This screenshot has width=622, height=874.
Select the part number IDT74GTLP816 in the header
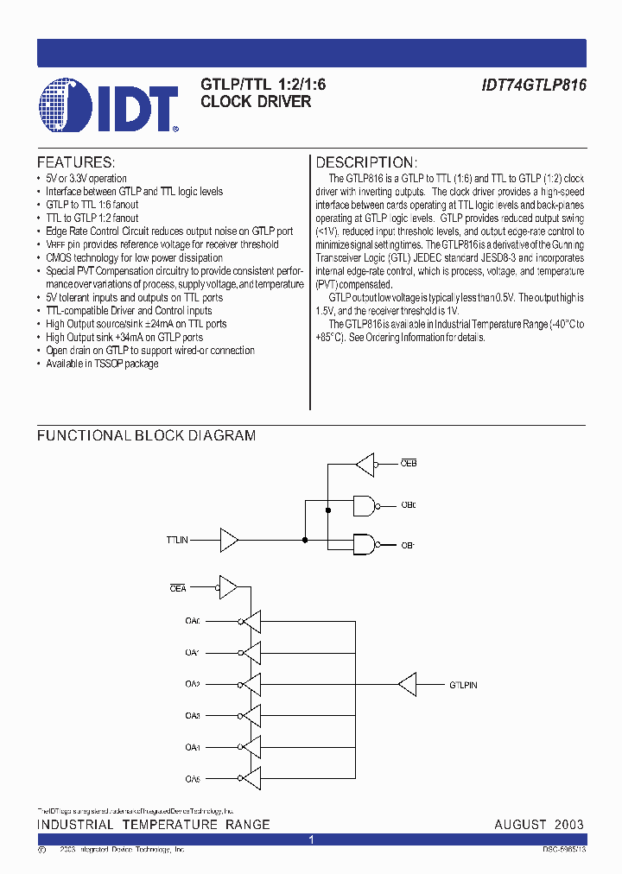pos(534,85)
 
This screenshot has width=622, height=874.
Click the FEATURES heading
pos(76,162)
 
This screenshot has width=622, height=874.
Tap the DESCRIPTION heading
pos(366,162)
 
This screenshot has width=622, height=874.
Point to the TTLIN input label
pos(177,541)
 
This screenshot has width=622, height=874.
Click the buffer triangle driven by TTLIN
pos(229,541)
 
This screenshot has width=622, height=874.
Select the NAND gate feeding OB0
pos(365,505)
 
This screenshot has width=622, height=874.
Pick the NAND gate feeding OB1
pos(365,545)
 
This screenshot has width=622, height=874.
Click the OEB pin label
pos(408,464)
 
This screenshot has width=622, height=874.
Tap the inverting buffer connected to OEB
pos(365,464)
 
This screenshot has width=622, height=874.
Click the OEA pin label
pos(177,588)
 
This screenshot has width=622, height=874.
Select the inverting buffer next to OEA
pos(230,588)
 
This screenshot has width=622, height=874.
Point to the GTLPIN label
pos(462,685)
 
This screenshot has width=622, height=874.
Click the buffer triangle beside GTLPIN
pos(407,685)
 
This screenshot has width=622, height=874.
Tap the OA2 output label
pos(192,685)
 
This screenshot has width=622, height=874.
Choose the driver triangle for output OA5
pos(251,780)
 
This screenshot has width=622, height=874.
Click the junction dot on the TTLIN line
pos(305,541)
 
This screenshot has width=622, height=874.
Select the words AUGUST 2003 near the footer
pos(539,825)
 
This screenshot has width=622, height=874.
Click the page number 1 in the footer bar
pos(311,839)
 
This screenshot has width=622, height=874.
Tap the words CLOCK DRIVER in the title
pos(256,102)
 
